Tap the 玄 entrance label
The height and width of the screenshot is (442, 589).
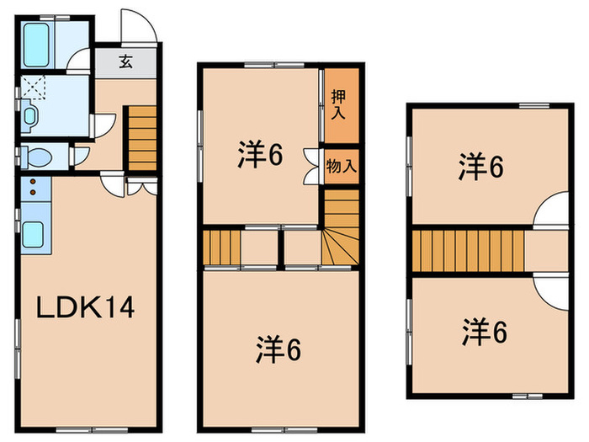click(x=125, y=61)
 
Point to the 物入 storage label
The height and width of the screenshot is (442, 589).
click(x=340, y=166)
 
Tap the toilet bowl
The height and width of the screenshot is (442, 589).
click(x=38, y=157)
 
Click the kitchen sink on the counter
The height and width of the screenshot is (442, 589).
click(x=34, y=232)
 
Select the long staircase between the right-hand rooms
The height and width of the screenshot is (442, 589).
click(x=467, y=250)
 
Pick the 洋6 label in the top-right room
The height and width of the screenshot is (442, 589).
click(x=480, y=168)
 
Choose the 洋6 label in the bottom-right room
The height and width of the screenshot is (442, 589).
click(x=483, y=333)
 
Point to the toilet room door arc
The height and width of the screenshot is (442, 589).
click(x=81, y=156)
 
